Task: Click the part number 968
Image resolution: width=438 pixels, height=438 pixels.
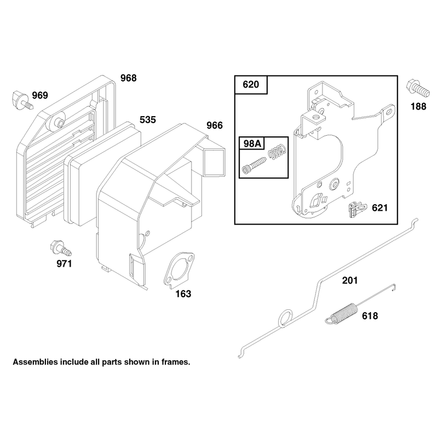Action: pos(129,78)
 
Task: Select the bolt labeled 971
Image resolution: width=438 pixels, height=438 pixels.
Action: pos(61,248)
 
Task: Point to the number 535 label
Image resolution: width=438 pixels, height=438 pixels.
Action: pos(147,120)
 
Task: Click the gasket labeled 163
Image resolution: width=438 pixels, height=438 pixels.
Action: pos(179,269)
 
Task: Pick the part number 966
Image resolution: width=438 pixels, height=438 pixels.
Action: pos(215,125)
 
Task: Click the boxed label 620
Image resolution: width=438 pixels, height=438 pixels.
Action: pos(251,84)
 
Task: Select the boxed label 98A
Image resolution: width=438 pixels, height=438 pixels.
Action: pos(252,143)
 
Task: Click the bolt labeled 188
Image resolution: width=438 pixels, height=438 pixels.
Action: pos(418,88)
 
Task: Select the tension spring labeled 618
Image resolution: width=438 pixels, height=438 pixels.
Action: pos(361,305)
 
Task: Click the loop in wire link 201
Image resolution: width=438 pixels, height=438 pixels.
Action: pos(285,319)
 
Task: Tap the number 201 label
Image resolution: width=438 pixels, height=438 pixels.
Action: pos(350,280)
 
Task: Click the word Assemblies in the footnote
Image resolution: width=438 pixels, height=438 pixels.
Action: pos(34,362)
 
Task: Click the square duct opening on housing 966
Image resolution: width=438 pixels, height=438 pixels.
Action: pos(214,162)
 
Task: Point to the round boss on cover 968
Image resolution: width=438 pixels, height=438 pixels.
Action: pos(59,122)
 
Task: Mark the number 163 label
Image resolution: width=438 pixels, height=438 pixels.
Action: pos(183,294)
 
